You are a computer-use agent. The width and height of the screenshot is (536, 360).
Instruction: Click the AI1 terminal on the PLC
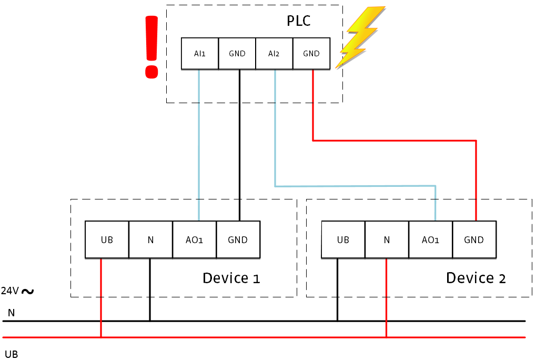pyautogui.click(x=200, y=54)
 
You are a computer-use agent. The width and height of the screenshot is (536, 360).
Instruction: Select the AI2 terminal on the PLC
pyautogui.click(x=274, y=54)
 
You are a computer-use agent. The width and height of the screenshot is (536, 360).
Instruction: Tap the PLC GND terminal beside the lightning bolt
pyautogui.click(x=311, y=54)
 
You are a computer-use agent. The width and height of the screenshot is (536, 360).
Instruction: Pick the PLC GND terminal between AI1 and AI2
pyautogui.click(x=237, y=54)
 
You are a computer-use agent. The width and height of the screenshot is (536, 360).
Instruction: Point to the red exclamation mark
pyautogui.click(x=151, y=47)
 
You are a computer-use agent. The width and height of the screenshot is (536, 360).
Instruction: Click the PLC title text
pyautogui.click(x=299, y=21)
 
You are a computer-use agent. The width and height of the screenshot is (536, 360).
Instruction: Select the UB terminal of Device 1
pyautogui.click(x=107, y=240)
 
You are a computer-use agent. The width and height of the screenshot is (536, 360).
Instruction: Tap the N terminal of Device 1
pyautogui.click(x=150, y=240)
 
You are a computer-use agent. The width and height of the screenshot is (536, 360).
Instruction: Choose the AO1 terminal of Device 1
pyautogui.click(x=194, y=240)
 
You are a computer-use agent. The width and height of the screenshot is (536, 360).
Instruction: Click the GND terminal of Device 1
pyautogui.click(x=238, y=240)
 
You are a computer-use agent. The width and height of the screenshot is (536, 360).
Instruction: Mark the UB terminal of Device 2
pyautogui.click(x=343, y=240)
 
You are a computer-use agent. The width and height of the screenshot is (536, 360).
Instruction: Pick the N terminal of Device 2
pyautogui.click(x=387, y=240)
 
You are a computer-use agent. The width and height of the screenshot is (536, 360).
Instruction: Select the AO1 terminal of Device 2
pyautogui.click(x=430, y=240)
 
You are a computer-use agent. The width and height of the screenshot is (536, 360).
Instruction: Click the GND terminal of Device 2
pyautogui.click(x=474, y=240)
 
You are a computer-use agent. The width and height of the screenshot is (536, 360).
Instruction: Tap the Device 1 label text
pyautogui.click(x=231, y=278)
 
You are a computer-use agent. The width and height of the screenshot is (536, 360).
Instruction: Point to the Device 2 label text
pyautogui.click(x=476, y=278)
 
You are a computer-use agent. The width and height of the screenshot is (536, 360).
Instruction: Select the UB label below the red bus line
pyautogui.click(x=11, y=354)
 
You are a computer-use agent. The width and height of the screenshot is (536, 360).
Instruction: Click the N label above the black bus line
pyautogui.click(x=11, y=313)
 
